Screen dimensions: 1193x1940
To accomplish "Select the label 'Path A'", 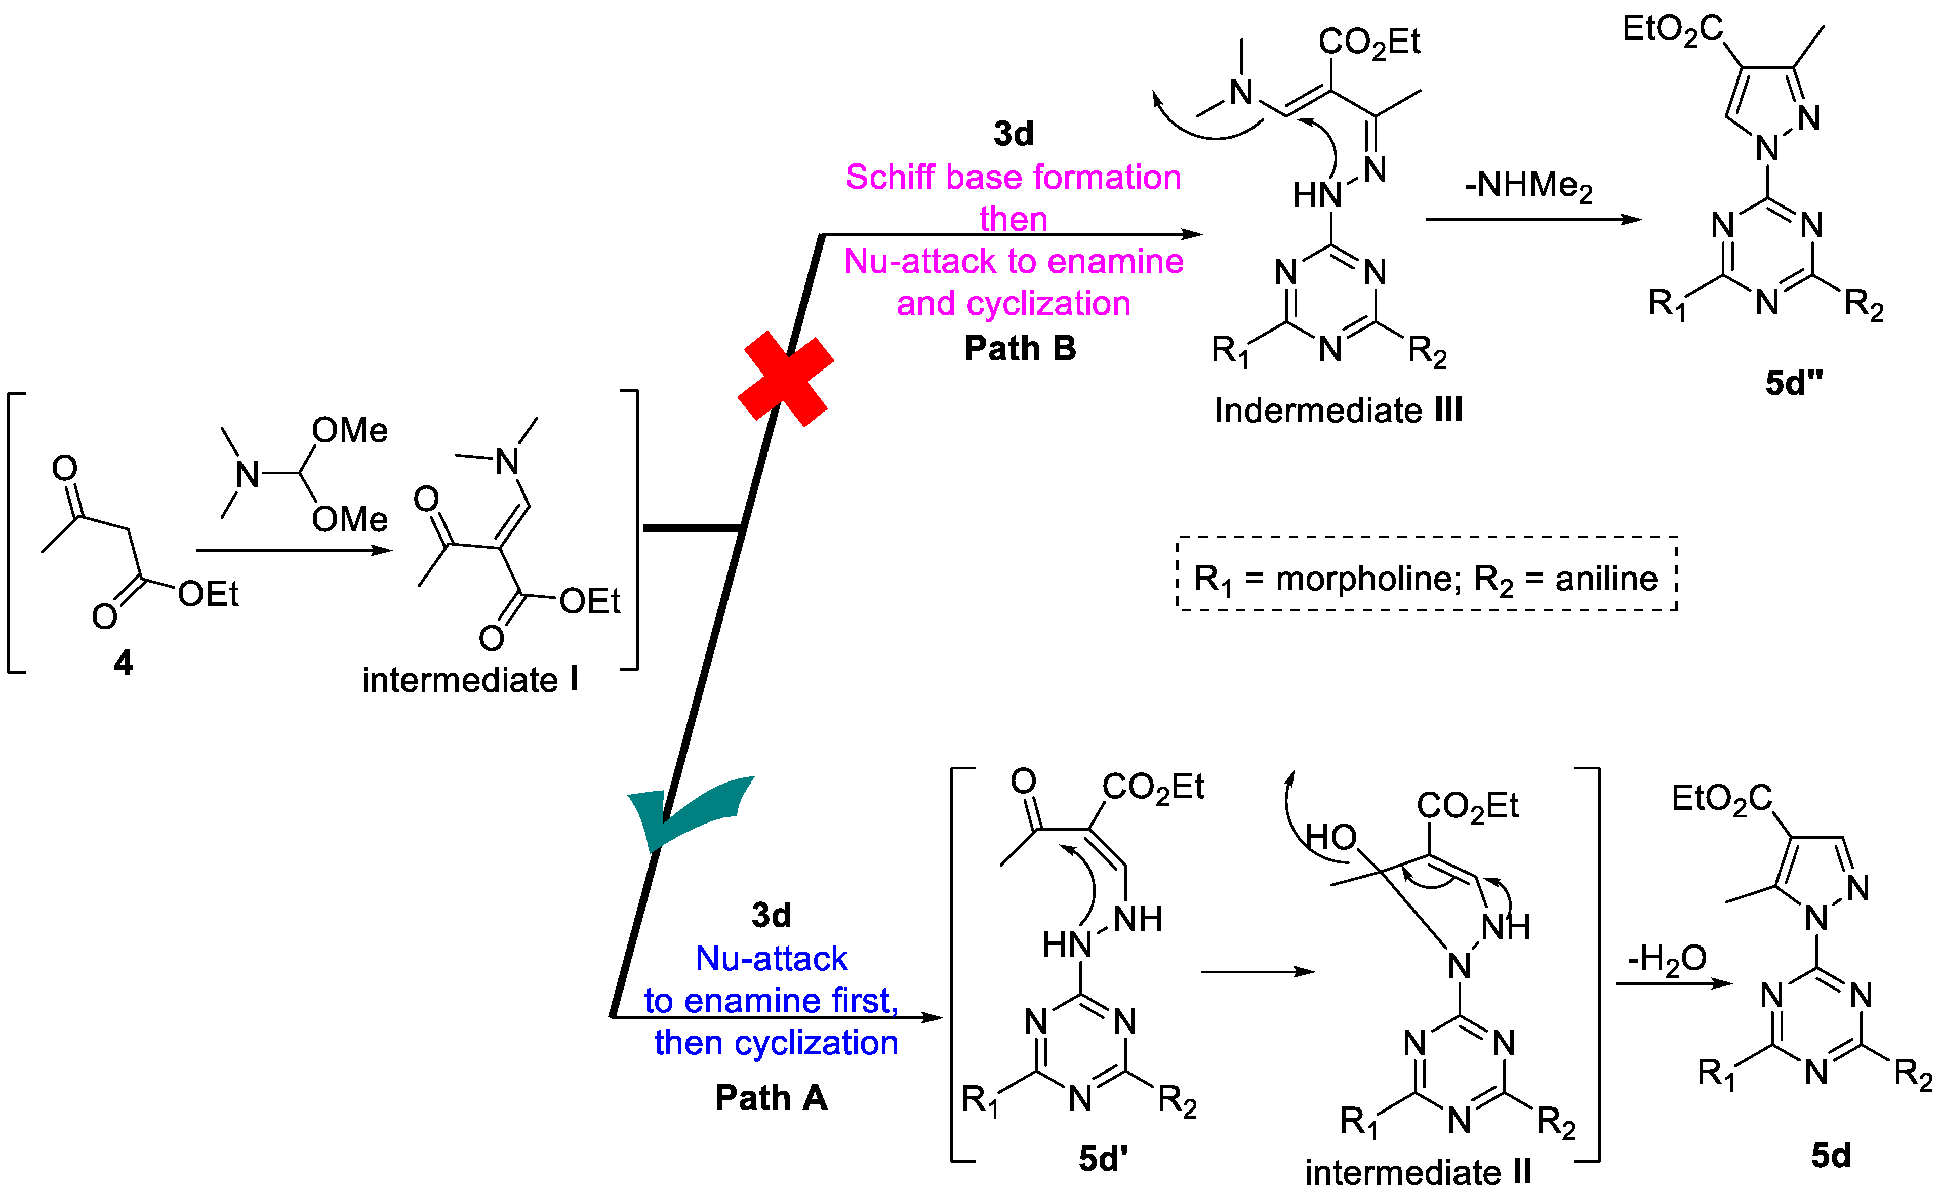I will pyautogui.click(x=771, y=1097).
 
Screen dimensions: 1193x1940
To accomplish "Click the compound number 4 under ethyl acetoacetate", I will pyautogui.click(x=123, y=663).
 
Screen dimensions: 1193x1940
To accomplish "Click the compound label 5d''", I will pyautogui.click(x=1793, y=384).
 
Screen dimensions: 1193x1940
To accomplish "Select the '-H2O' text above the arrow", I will pyautogui.click(x=1666, y=959).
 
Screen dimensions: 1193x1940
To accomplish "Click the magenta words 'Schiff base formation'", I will pyautogui.click(x=1013, y=177).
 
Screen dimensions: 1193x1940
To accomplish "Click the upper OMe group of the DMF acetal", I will pyautogui.click(x=349, y=431).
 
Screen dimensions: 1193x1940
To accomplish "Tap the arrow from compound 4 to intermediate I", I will pyautogui.click(x=294, y=550).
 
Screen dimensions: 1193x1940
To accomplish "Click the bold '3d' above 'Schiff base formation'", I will pyautogui.click(x=1013, y=134).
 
